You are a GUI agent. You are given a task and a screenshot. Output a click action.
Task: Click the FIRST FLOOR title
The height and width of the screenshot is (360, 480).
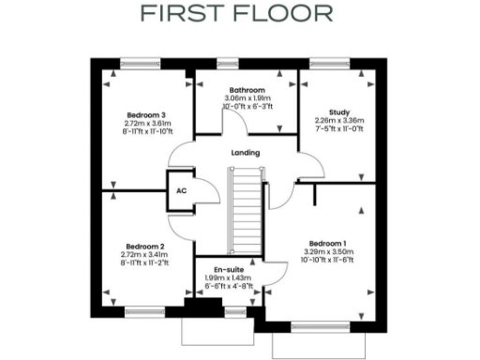tap(236, 14)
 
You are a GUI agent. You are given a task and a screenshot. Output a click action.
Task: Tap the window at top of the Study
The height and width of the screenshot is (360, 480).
tap(324, 64)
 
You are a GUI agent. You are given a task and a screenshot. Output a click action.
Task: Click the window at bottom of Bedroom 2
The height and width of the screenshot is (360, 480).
tap(144, 310)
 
